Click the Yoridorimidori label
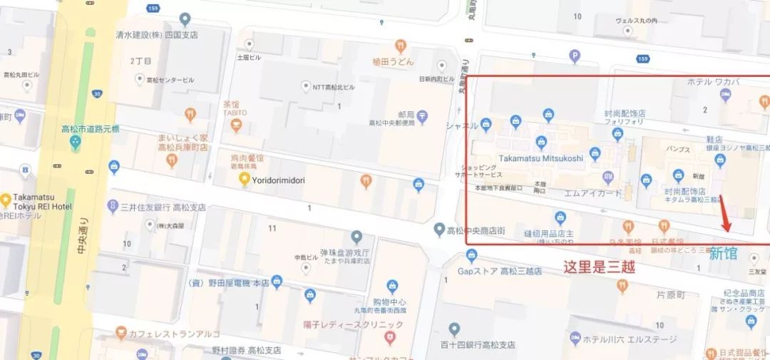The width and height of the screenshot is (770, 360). [279, 180]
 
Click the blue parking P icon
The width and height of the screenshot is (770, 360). [575, 56]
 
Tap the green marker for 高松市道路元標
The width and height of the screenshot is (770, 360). [76, 142]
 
